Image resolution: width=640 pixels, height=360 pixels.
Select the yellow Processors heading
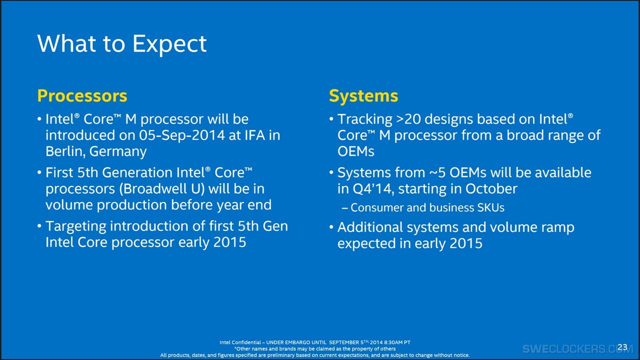(x=82, y=95)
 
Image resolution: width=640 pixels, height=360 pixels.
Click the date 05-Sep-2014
(x=182, y=135)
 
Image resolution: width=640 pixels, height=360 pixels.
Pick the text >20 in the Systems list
(x=408, y=119)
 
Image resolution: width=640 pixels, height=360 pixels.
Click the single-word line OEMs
(x=355, y=151)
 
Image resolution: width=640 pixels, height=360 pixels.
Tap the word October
(x=491, y=189)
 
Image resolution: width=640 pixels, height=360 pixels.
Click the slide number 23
(x=622, y=347)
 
